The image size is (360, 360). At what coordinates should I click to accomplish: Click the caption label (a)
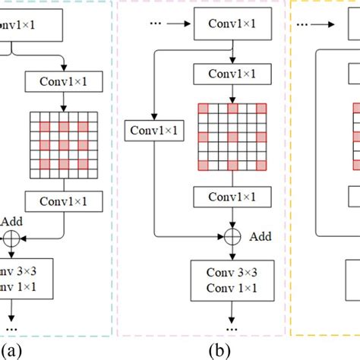pos(11,350)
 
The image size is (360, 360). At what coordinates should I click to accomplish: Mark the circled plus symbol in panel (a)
pos(12,238)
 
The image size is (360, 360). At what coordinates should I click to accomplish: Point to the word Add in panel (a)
pos(12,221)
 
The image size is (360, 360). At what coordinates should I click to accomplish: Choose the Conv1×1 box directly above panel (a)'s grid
pos(65,80)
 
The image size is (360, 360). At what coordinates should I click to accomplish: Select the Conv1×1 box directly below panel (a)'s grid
pos(65,202)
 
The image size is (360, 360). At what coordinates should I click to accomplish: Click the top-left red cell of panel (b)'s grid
pos(202,109)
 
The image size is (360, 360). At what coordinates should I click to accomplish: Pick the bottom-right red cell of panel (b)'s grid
pos(262,166)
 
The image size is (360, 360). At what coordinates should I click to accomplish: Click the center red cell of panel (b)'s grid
pos(232,137)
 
